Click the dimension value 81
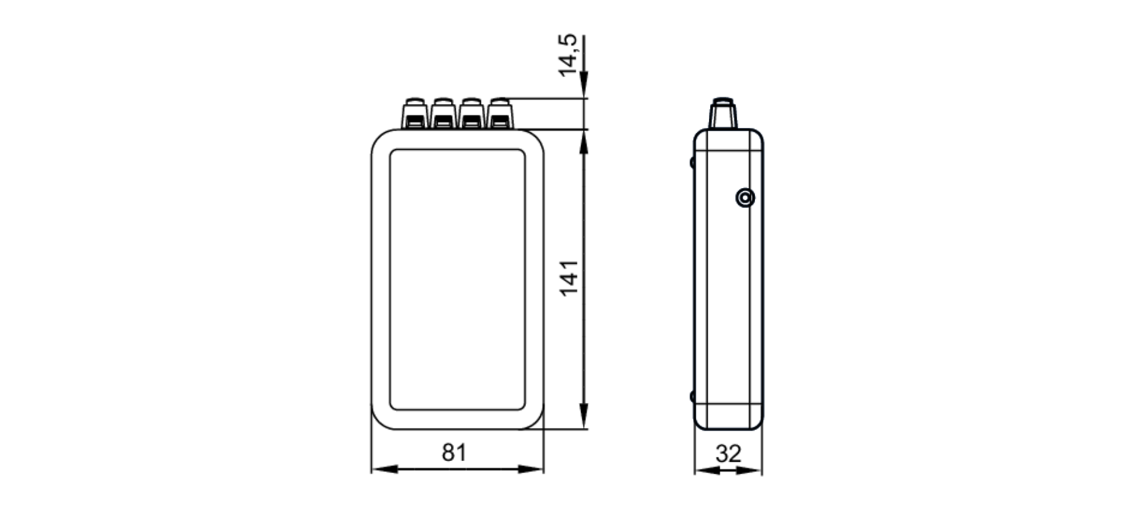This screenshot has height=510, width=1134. pos(454,453)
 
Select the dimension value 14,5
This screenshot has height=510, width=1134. pos(568,55)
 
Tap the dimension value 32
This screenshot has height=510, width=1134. pos(728,454)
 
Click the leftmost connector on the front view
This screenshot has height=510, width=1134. pos(415,113)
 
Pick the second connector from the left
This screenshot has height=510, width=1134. pos(443,113)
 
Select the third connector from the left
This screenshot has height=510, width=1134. pos(471,113)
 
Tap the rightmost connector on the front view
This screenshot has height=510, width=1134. pos(500,113)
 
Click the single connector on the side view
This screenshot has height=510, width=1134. pos(723,113)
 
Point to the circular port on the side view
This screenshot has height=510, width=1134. pos(745,198)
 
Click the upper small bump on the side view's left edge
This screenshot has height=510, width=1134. pos(692,162)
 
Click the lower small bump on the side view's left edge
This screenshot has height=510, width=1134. pos(692,396)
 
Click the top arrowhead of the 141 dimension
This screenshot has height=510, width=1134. pos(584,142)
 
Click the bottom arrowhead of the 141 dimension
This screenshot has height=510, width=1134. pos(584,416)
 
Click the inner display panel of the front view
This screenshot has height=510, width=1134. pos(457,279)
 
